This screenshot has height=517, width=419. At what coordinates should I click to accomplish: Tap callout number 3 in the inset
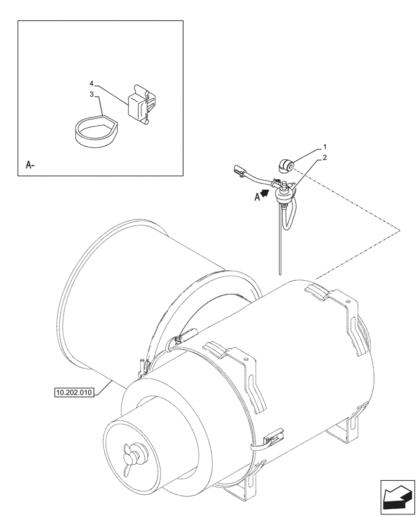click(x=91, y=95)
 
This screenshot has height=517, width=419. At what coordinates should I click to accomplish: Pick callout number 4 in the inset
click(x=91, y=83)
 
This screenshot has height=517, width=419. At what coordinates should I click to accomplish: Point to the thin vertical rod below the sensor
click(x=279, y=243)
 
